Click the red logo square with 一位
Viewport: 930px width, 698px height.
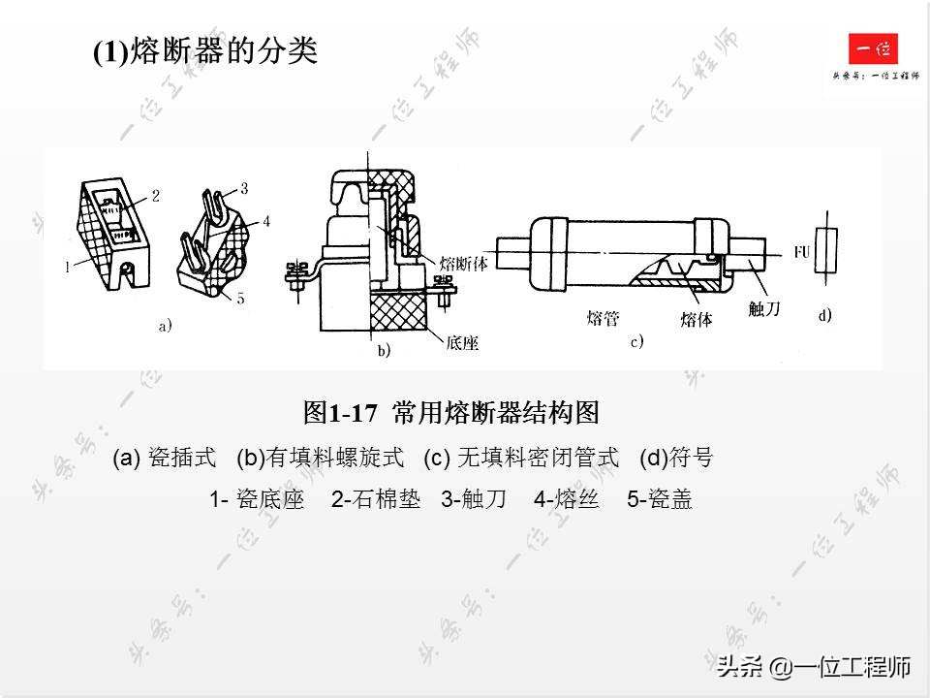click(x=874, y=48)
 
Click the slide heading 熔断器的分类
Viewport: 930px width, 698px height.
click(x=205, y=51)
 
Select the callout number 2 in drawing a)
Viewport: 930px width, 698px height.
click(x=155, y=195)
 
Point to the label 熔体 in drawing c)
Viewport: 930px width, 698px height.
click(x=696, y=317)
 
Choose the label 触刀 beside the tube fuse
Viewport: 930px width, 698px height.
click(x=764, y=308)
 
